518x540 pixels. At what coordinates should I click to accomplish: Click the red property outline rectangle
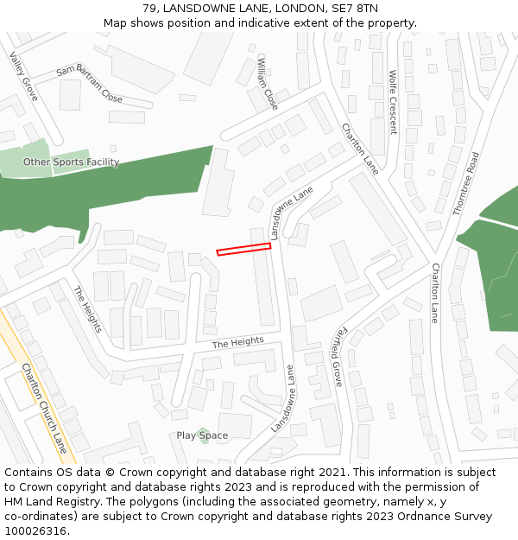(x=243, y=249)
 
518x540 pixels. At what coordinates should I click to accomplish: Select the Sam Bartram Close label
(x=89, y=85)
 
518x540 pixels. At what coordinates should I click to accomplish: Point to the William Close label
(x=268, y=84)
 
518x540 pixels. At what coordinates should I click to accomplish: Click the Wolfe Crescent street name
(x=393, y=102)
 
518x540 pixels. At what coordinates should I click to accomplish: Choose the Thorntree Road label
(x=465, y=183)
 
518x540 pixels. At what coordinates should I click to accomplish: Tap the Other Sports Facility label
(x=71, y=162)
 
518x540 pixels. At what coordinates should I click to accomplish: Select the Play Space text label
(x=202, y=436)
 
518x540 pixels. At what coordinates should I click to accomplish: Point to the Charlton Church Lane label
(x=44, y=407)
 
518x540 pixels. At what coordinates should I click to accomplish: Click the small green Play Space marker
(x=202, y=431)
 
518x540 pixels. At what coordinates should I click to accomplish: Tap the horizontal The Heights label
(x=237, y=342)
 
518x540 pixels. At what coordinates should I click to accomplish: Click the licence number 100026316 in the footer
(x=35, y=531)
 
